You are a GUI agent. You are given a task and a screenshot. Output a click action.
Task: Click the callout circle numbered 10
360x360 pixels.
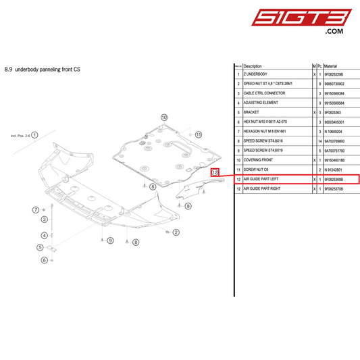click(164, 117)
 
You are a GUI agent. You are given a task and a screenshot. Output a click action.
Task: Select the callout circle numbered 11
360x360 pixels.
click(199, 134)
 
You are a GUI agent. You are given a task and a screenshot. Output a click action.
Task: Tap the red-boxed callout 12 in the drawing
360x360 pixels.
click(215, 172)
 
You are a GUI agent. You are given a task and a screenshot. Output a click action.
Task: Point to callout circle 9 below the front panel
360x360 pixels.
click(111, 241)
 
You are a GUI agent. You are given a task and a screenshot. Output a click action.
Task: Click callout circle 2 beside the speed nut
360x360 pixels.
click(176, 232)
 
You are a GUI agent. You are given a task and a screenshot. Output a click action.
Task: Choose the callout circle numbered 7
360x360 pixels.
click(36, 210)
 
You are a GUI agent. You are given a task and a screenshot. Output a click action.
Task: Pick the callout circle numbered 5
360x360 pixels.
click(40, 247)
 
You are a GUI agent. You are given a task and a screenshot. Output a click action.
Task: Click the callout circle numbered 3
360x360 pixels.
click(44, 219)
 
